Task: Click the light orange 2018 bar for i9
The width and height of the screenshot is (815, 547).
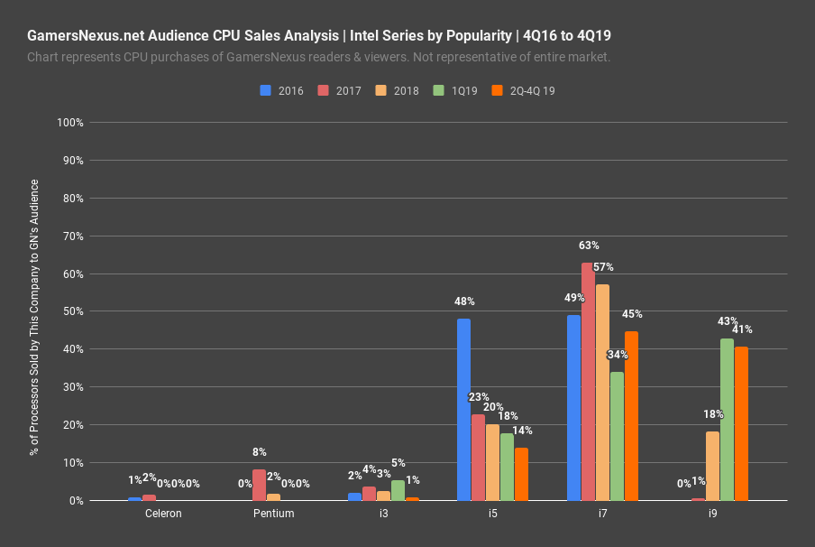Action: tap(712, 466)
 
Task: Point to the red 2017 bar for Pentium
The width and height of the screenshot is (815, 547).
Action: tap(259, 485)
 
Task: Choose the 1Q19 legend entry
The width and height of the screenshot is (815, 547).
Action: tap(456, 90)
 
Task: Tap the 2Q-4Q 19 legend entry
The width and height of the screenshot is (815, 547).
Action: tap(529, 90)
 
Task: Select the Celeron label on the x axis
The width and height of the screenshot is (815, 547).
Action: tap(163, 514)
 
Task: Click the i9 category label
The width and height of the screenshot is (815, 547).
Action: tap(712, 514)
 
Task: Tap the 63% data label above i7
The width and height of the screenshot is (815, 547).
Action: tap(589, 246)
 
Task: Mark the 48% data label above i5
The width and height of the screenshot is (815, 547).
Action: tap(464, 301)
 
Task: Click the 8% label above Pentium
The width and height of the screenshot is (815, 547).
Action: tap(260, 452)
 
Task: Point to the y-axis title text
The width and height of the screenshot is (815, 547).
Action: tap(35, 311)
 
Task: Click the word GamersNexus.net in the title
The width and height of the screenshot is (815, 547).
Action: tap(86, 36)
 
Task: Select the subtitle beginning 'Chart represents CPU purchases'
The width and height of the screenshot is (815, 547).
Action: tap(319, 57)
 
